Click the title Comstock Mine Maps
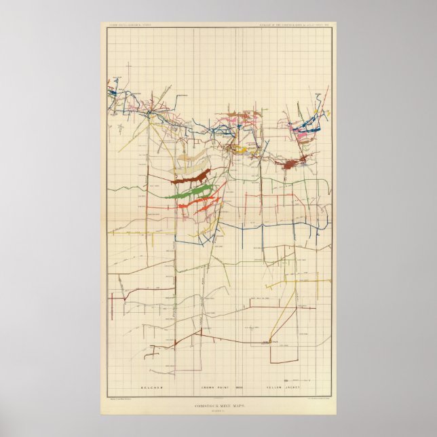point(218,404)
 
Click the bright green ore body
point(193,193)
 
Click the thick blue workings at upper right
point(307,125)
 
